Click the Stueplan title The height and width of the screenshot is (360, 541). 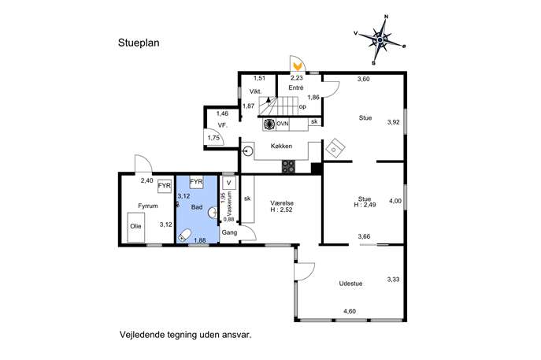[139, 43]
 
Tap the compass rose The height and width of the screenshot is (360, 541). [380, 40]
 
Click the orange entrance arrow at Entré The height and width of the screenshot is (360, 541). [297, 65]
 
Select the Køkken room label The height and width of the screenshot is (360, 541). [281, 146]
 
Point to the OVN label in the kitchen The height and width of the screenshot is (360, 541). [282, 123]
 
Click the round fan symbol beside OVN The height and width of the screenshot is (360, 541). [269, 124]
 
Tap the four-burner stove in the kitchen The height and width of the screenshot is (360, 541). [288, 166]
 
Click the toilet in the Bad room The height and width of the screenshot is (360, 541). [184, 235]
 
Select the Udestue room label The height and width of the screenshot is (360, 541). [350, 284]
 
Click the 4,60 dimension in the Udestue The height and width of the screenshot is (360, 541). [350, 311]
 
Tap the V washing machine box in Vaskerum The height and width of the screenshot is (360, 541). [228, 183]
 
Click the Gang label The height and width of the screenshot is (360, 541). [229, 232]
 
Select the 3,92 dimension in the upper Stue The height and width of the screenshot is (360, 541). [393, 122]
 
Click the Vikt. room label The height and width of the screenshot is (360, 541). [256, 92]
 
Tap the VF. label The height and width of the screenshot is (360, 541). [223, 125]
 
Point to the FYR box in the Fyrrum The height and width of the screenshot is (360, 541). [165, 186]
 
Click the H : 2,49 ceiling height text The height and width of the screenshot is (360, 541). [365, 205]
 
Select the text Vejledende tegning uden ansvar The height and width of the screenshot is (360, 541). [186, 335]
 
